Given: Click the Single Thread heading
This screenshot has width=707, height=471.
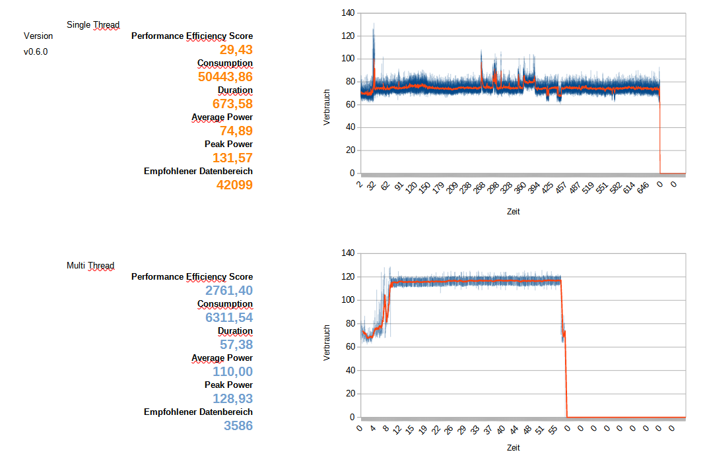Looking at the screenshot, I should click(x=93, y=25).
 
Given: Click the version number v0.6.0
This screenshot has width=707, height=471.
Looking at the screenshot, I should click(x=36, y=51).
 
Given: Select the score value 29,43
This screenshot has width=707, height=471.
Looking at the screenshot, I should click(x=236, y=49).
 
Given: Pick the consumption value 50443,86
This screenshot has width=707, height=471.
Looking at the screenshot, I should click(x=225, y=77).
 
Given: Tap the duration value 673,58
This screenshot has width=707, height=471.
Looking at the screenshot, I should click(x=232, y=104).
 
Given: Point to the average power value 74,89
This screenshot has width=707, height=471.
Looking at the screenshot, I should click(x=236, y=131).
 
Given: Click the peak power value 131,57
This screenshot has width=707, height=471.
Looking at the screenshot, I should click(x=232, y=158).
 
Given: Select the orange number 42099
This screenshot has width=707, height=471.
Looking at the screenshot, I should click(x=234, y=185).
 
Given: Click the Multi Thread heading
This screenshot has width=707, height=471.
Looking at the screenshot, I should click(x=90, y=266).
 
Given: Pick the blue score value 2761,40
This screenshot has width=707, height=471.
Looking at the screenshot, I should click(x=229, y=290).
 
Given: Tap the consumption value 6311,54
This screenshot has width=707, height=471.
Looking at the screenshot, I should click(x=229, y=317).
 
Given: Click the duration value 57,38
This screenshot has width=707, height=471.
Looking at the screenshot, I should click(x=236, y=344).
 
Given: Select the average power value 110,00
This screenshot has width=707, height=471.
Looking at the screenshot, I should click(x=232, y=371).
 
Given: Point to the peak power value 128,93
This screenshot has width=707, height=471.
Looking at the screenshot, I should click(x=232, y=398).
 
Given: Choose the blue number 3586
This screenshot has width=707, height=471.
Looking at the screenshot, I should click(x=238, y=425).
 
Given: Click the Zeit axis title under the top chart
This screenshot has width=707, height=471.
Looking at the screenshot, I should click(x=514, y=212).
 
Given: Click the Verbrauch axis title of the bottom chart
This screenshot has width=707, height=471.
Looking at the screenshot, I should click(x=327, y=342).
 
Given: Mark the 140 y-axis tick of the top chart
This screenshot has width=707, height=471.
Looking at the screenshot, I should click(x=348, y=13).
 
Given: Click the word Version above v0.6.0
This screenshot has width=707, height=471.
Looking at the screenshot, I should click(x=38, y=36).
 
